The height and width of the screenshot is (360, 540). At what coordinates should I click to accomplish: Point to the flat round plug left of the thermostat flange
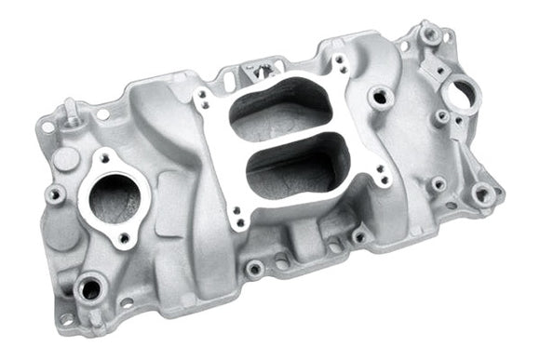[x=64, y=159]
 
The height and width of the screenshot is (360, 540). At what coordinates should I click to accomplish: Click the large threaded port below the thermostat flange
[x=89, y=288]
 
